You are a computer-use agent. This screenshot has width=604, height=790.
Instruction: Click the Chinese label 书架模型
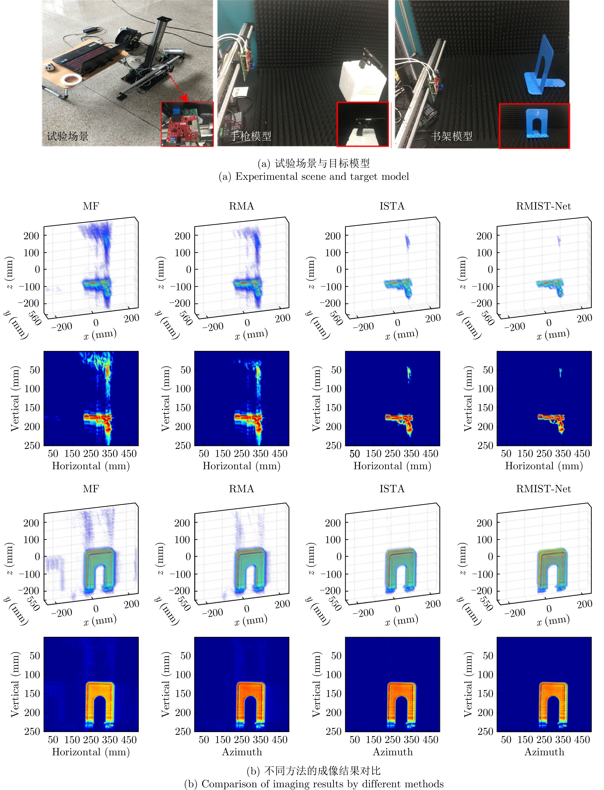(x=452, y=136)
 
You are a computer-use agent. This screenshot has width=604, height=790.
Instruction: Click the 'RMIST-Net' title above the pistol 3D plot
(x=543, y=206)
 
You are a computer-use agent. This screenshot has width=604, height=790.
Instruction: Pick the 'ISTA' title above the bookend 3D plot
(x=392, y=489)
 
